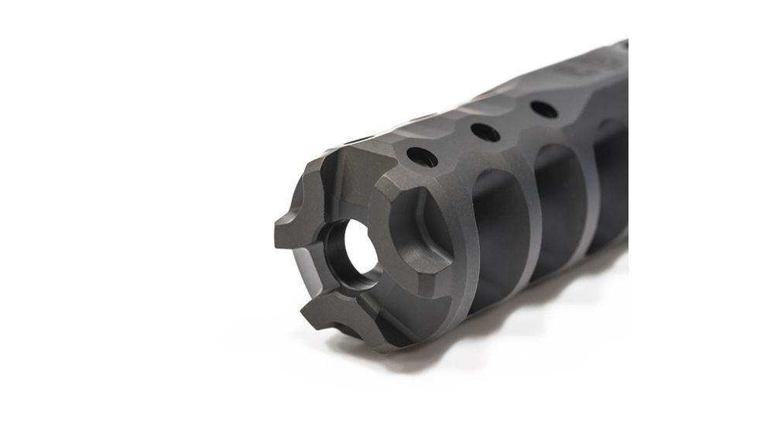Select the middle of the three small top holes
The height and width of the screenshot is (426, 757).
tap(485, 132)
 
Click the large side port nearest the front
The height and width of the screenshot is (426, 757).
tap(495, 225)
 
